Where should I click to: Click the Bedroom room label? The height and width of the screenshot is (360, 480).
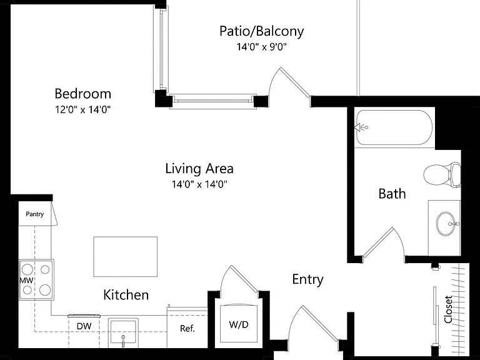(82, 94)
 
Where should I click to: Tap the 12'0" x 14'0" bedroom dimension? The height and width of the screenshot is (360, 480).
(82, 109)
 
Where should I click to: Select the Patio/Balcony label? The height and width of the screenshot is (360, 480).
(262, 31)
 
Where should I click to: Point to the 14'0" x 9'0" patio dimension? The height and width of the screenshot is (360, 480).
(262, 47)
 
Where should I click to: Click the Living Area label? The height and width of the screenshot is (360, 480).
(199, 169)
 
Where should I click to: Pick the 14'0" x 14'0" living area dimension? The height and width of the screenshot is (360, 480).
(199, 184)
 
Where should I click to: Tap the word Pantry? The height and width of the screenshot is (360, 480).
(34, 214)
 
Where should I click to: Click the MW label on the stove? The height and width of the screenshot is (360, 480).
(27, 280)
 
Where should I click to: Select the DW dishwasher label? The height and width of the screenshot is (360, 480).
(84, 326)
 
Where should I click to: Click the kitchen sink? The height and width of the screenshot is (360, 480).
(123, 332)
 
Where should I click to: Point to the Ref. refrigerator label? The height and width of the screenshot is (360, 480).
(187, 329)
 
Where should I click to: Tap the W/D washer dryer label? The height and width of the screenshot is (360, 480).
(239, 324)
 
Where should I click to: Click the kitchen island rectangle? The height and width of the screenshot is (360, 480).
(126, 256)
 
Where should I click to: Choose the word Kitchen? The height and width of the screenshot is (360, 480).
(126, 295)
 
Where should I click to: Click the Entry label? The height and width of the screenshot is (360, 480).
(308, 279)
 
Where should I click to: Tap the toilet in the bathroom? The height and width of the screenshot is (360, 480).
(442, 174)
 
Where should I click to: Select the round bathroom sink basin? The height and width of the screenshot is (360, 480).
(446, 224)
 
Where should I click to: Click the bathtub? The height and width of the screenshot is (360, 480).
(394, 127)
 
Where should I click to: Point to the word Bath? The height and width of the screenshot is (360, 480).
(392, 194)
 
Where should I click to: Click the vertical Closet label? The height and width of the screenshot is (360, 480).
(448, 309)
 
